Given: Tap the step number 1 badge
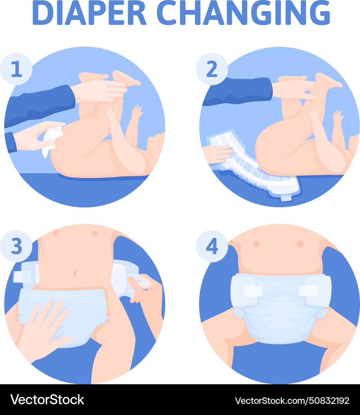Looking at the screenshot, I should tap(16, 69).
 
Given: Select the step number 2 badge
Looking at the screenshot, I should tap(212, 69).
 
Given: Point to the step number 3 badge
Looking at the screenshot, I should tap(16, 246).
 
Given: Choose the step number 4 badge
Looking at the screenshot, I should tap(212, 246).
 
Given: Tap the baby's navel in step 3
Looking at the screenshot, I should tap(75, 274).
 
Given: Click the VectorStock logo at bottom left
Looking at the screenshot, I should tap(47, 400).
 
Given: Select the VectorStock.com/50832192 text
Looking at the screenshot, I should tap(292, 400).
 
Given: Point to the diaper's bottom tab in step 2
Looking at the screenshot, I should tap(285, 198).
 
